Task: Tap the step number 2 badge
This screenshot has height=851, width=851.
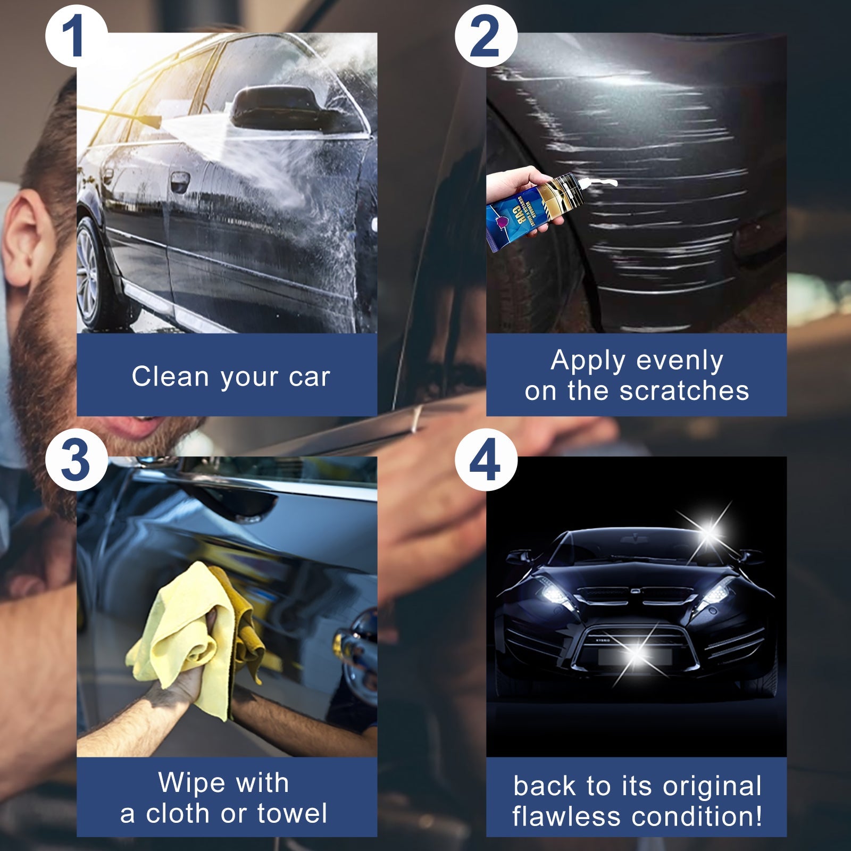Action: click(x=486, y=36)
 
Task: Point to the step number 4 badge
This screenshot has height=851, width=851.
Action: click(x=486, y=460)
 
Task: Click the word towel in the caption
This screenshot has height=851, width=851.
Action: click(x=292, y=813)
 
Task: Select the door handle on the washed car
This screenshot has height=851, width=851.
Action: click(x=179, y=182)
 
